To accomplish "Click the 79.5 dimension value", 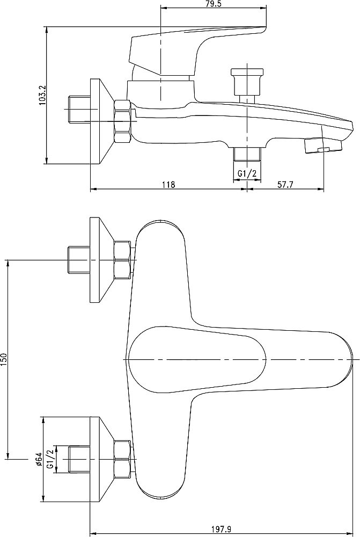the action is (213, 4).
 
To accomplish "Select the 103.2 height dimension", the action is (43, 95).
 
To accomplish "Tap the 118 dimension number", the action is (168, 185).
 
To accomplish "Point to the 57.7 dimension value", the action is (285, 185).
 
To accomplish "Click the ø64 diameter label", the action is (39, 459).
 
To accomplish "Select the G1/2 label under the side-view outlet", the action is (247, 174).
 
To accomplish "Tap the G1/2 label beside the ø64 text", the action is (50, 459).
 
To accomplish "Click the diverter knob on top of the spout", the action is (247, 82).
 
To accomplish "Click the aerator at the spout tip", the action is (322, 145).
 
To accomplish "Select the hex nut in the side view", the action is (122, 121).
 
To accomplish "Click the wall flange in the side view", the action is (101, 121).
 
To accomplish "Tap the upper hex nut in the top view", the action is (122, 260).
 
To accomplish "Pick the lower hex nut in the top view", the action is (122, 459).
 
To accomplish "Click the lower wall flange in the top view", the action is (101, 459).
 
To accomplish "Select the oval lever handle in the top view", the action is (197, 359).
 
